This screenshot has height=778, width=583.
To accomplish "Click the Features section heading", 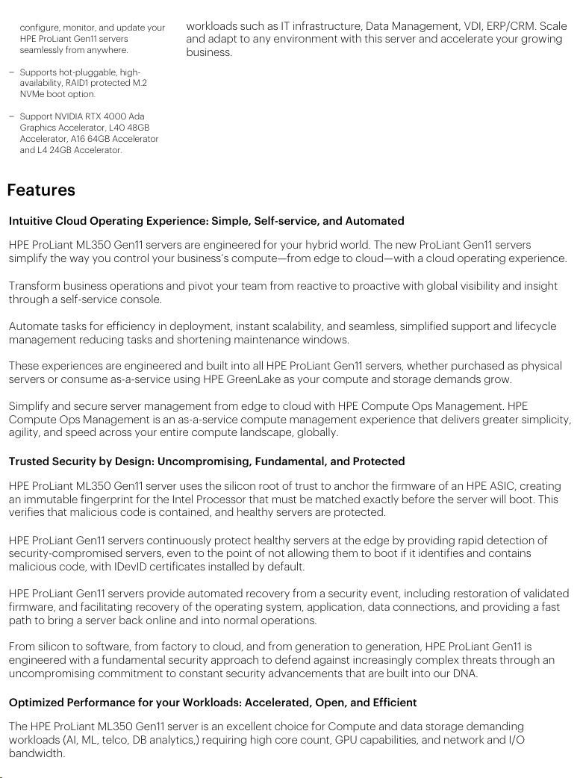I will click(x=41, y=190).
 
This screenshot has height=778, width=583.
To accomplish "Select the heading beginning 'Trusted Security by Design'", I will click(x=206, y=461).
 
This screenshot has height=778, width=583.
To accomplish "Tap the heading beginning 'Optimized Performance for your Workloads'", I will click(x=212, y=703).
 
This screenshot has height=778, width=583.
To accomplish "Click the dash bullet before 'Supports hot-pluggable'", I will click(x=11, y=72).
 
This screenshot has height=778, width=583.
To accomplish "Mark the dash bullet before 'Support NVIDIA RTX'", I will click(x=11, y=116).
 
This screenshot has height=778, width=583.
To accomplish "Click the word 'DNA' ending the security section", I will click(x=465, y=673).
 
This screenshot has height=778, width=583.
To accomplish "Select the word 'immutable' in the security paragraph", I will click(x=49, y=500).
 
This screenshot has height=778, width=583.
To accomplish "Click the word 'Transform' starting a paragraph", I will click(x=34, y=286).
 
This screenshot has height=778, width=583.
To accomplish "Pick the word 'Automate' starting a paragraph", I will click(x=33, y=326).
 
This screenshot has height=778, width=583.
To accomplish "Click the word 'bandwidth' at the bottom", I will click(x=36, y=753).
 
